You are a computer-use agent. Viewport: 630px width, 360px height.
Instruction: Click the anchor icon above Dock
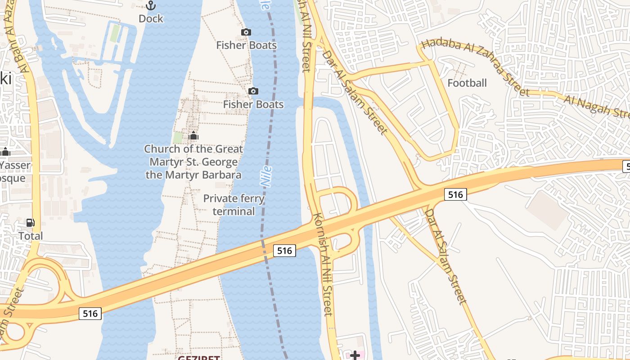(151, 5)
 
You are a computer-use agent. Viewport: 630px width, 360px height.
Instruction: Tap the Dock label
(151, 19)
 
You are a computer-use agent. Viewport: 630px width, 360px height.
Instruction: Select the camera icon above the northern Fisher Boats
(246, 32)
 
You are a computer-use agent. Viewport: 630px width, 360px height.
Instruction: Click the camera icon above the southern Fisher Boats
(253, 91)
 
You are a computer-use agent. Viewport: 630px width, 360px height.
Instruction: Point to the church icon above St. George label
(193, 135)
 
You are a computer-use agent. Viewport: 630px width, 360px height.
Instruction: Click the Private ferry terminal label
(234, 205)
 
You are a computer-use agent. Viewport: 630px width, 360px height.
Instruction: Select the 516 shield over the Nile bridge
(284, 251)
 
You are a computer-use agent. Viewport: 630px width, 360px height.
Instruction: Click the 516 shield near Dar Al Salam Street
(455, 194)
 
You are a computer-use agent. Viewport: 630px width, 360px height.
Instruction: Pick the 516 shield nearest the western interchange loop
(90, 314)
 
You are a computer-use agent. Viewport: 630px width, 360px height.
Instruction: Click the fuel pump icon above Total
(31, 222)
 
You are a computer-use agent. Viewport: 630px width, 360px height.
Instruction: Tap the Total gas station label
(31, 236)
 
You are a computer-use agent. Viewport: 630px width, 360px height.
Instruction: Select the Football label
(467, 83)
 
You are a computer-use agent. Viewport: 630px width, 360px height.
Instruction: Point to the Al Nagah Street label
(596, 106)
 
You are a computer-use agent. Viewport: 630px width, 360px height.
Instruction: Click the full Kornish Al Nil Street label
(324, 264)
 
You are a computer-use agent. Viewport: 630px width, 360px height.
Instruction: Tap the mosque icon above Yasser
(5, 152)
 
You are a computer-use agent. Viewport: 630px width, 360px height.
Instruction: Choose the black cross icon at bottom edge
(355, 355)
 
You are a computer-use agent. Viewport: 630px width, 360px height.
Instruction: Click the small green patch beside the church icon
(178, 137)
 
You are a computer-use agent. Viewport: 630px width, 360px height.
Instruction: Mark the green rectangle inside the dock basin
(115, 33)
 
